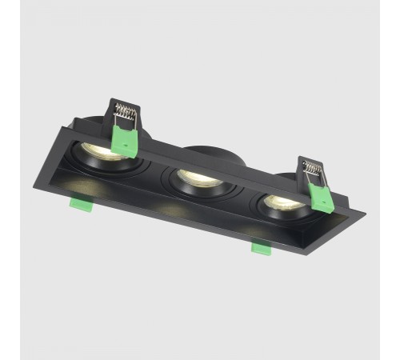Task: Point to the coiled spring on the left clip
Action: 126,114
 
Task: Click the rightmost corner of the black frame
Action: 366,215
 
